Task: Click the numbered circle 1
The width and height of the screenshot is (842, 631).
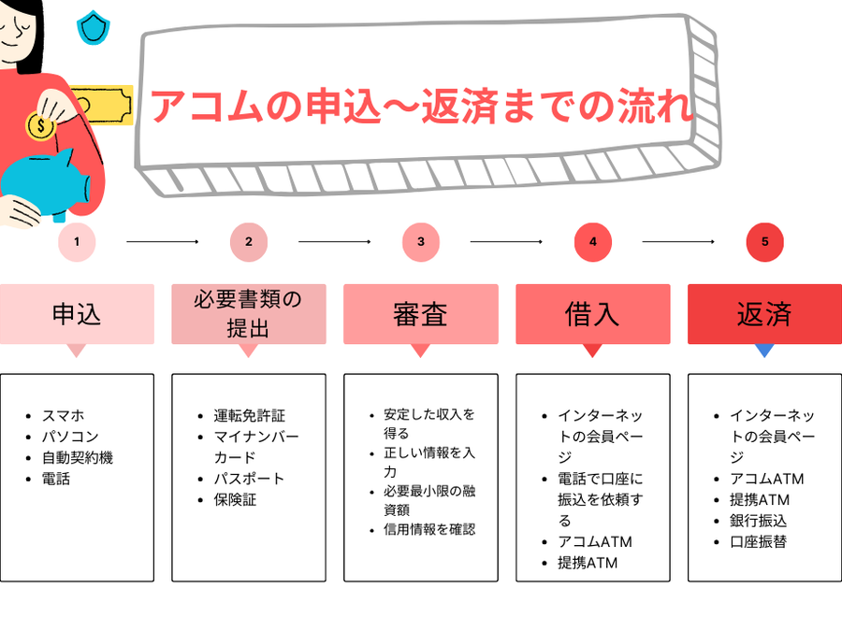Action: [77, 242]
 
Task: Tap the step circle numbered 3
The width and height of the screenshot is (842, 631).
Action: [421, 242]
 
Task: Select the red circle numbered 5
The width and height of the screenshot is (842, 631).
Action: [764, 242]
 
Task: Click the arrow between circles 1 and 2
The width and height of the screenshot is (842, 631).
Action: [163, 242]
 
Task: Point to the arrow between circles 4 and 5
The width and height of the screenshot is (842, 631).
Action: [678, 242]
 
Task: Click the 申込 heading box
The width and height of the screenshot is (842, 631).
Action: [77, 314]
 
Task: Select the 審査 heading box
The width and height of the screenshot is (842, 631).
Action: [421, 314]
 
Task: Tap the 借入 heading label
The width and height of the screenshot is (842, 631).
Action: [592, 314]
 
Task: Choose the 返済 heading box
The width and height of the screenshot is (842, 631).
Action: [764, 314]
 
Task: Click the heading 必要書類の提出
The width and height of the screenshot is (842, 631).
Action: [249, 314]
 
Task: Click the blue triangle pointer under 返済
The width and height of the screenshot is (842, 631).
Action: [764, 351]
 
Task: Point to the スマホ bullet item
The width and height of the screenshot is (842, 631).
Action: [63, 415]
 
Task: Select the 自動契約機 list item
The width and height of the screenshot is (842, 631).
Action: [78, 458]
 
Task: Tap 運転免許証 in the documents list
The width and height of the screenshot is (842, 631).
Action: [249, 415]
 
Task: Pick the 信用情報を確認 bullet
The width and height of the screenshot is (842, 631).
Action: [428, 529]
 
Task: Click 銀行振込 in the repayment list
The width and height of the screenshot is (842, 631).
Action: [759, 521]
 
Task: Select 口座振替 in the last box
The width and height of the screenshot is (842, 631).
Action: [759, 542]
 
